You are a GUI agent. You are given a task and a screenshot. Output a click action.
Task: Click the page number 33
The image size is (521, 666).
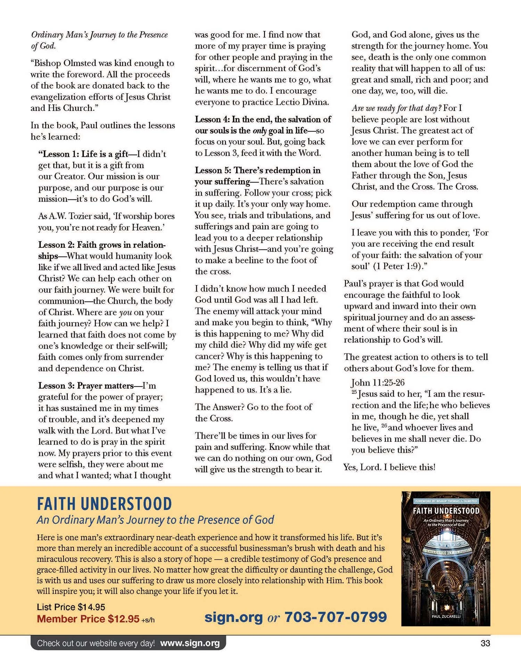(x=485, y=643)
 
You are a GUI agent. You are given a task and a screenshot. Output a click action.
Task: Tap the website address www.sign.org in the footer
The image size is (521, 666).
(x=190, y=643)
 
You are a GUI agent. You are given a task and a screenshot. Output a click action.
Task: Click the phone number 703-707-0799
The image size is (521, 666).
(x=336, y=617)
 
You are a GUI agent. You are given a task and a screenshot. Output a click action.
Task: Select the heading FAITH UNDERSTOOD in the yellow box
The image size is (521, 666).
(x=104, y=504)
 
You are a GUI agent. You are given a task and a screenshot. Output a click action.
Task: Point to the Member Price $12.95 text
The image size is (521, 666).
(x=88, y=619)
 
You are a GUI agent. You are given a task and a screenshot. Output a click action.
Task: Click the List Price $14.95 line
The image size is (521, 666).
(x=71, y=607)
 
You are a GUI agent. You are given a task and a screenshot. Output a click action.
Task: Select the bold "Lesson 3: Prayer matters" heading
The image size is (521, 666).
(x=86, y=386)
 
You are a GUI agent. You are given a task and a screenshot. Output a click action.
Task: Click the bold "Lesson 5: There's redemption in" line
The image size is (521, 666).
(x=257, y=170)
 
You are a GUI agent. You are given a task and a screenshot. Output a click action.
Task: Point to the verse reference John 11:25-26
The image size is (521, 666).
(x=378, y=383)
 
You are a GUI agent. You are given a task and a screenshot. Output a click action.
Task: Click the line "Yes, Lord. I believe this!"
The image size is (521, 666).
(x=389, y=467)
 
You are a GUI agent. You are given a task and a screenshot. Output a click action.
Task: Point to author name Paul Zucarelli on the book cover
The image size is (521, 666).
(x=446, y=616)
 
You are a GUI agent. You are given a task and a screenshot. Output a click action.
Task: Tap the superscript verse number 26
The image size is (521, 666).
(x=384, y=426)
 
